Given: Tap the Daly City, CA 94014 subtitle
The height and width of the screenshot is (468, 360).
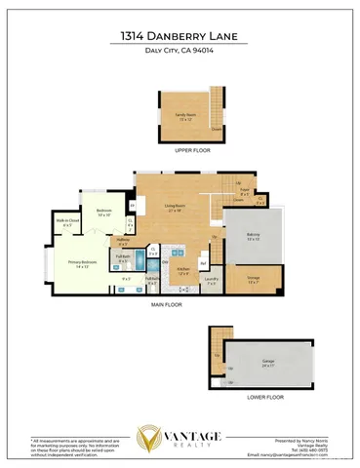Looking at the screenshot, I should coord(180,52).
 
